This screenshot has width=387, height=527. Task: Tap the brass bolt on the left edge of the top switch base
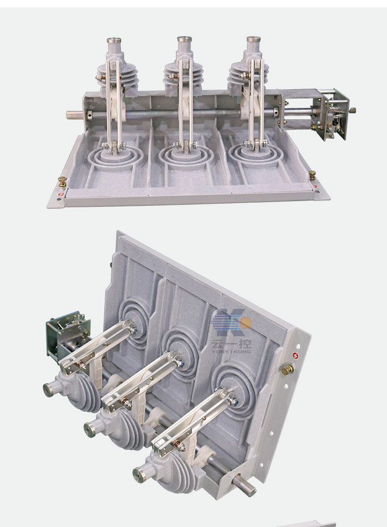click(62, 181)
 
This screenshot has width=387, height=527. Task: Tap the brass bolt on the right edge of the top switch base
click(312, 175)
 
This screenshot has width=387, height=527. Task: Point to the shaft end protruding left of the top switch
click(73, 114)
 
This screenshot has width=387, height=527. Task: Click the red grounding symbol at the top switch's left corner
click(60, 194)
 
